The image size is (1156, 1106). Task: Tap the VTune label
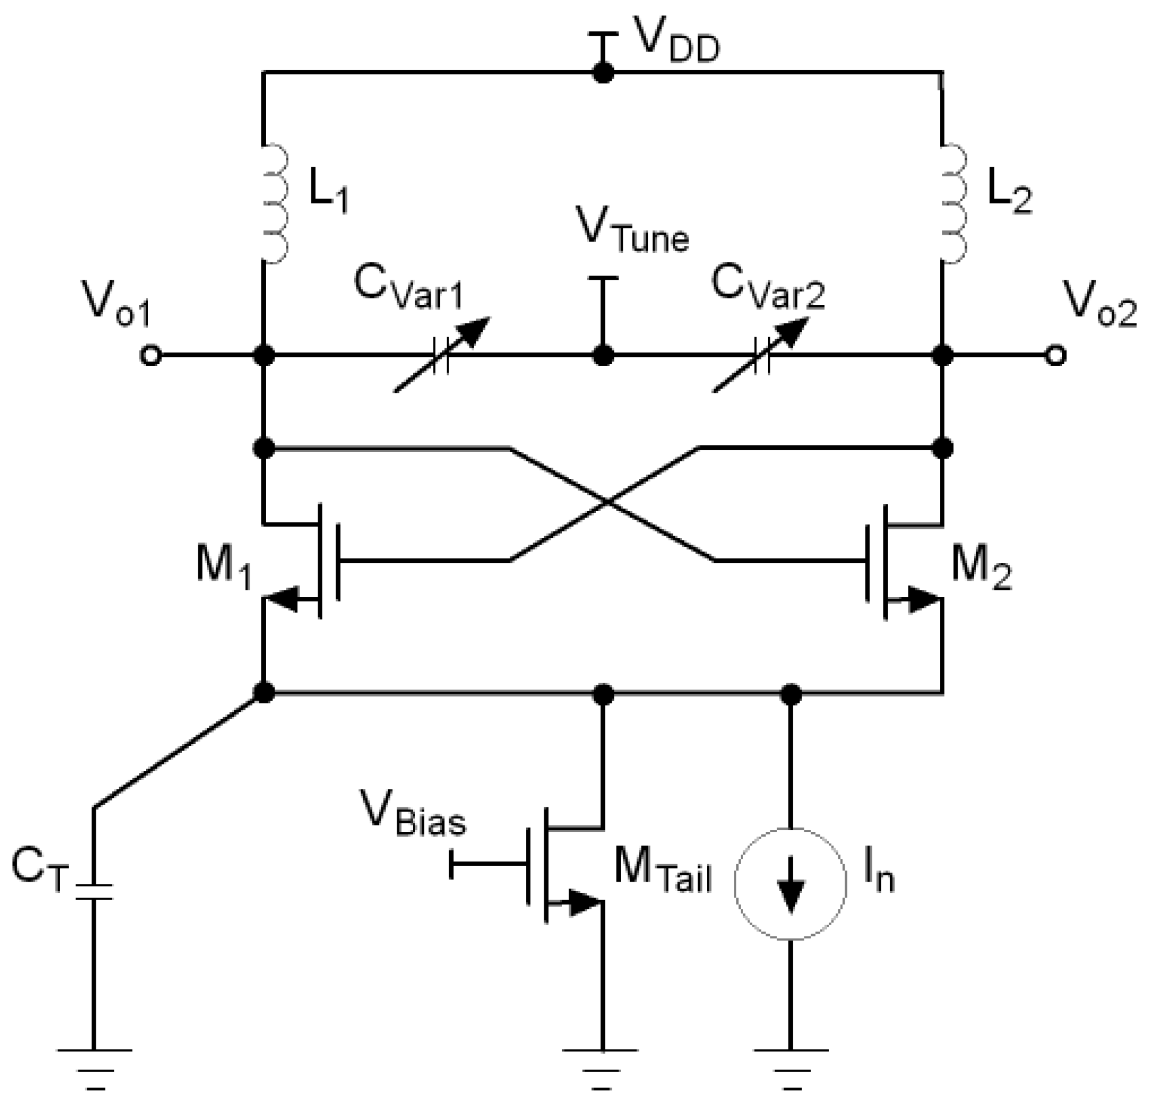pos(632,233)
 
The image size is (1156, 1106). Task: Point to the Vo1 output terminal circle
pos(150,356)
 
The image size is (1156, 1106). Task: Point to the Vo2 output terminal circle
pos(1055,356)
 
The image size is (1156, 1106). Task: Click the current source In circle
pos(790,883)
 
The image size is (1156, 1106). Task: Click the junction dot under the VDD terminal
pos(603,73)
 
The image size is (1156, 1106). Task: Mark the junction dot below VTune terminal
pos(603,356)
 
